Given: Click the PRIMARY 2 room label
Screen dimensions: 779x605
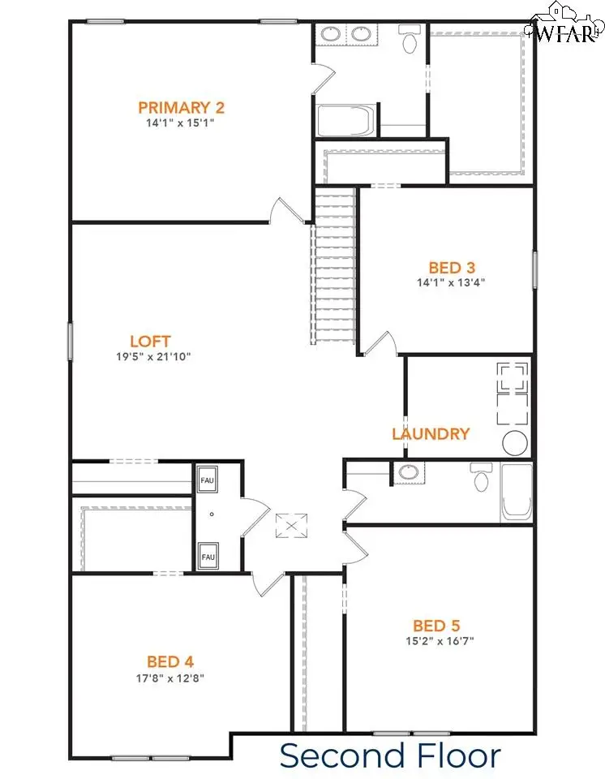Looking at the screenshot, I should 180,107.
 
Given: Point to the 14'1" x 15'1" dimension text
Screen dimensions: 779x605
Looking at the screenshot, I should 180,123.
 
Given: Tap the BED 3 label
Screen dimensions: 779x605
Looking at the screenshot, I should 452,267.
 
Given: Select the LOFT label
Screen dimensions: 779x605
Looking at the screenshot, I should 150,341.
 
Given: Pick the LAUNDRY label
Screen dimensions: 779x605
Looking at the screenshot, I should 430,434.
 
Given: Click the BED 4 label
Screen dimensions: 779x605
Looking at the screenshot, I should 170,661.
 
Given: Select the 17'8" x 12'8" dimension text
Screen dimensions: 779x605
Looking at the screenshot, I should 170,677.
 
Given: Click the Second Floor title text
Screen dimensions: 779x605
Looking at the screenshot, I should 390,755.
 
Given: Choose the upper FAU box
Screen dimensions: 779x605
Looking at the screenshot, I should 208,480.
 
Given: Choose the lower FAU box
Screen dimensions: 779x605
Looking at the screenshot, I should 208,557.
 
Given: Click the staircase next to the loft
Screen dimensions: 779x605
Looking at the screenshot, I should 333,268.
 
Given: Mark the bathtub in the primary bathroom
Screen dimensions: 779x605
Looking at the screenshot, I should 345,121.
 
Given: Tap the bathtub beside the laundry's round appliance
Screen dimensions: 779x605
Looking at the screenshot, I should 517,492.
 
